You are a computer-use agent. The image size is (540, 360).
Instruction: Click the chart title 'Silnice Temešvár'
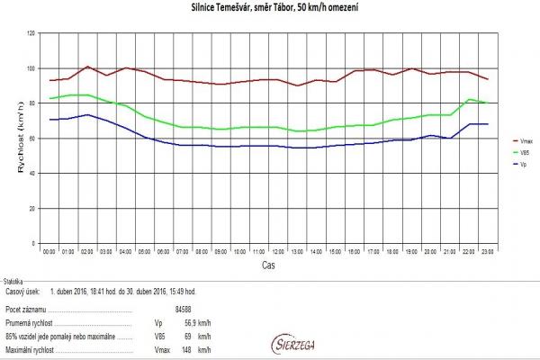coord(269,8)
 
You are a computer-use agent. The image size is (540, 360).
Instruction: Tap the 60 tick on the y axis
coord(31,138)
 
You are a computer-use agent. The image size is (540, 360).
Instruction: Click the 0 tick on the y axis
coord(33,243)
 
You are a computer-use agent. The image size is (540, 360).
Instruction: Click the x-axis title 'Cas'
coord(268,266)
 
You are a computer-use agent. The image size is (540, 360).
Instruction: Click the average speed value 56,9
coord(193,320)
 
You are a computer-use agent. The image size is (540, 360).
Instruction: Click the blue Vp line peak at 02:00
coord(86,114)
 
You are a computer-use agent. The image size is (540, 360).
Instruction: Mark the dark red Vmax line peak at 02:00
coord(86,66)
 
